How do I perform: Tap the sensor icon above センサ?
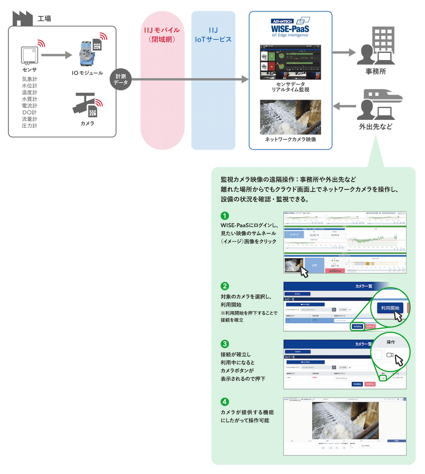tap(29, 55)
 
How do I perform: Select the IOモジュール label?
tap(87, 73)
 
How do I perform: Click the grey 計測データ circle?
tap(120, 80)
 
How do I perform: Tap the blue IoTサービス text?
tap(213, 39)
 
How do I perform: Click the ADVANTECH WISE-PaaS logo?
tap(290, 27)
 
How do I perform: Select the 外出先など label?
tap(375, 126)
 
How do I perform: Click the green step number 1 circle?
tap(225, 216)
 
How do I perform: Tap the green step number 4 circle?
tap(225, 401)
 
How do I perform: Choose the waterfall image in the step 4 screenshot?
tap(344, 421)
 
